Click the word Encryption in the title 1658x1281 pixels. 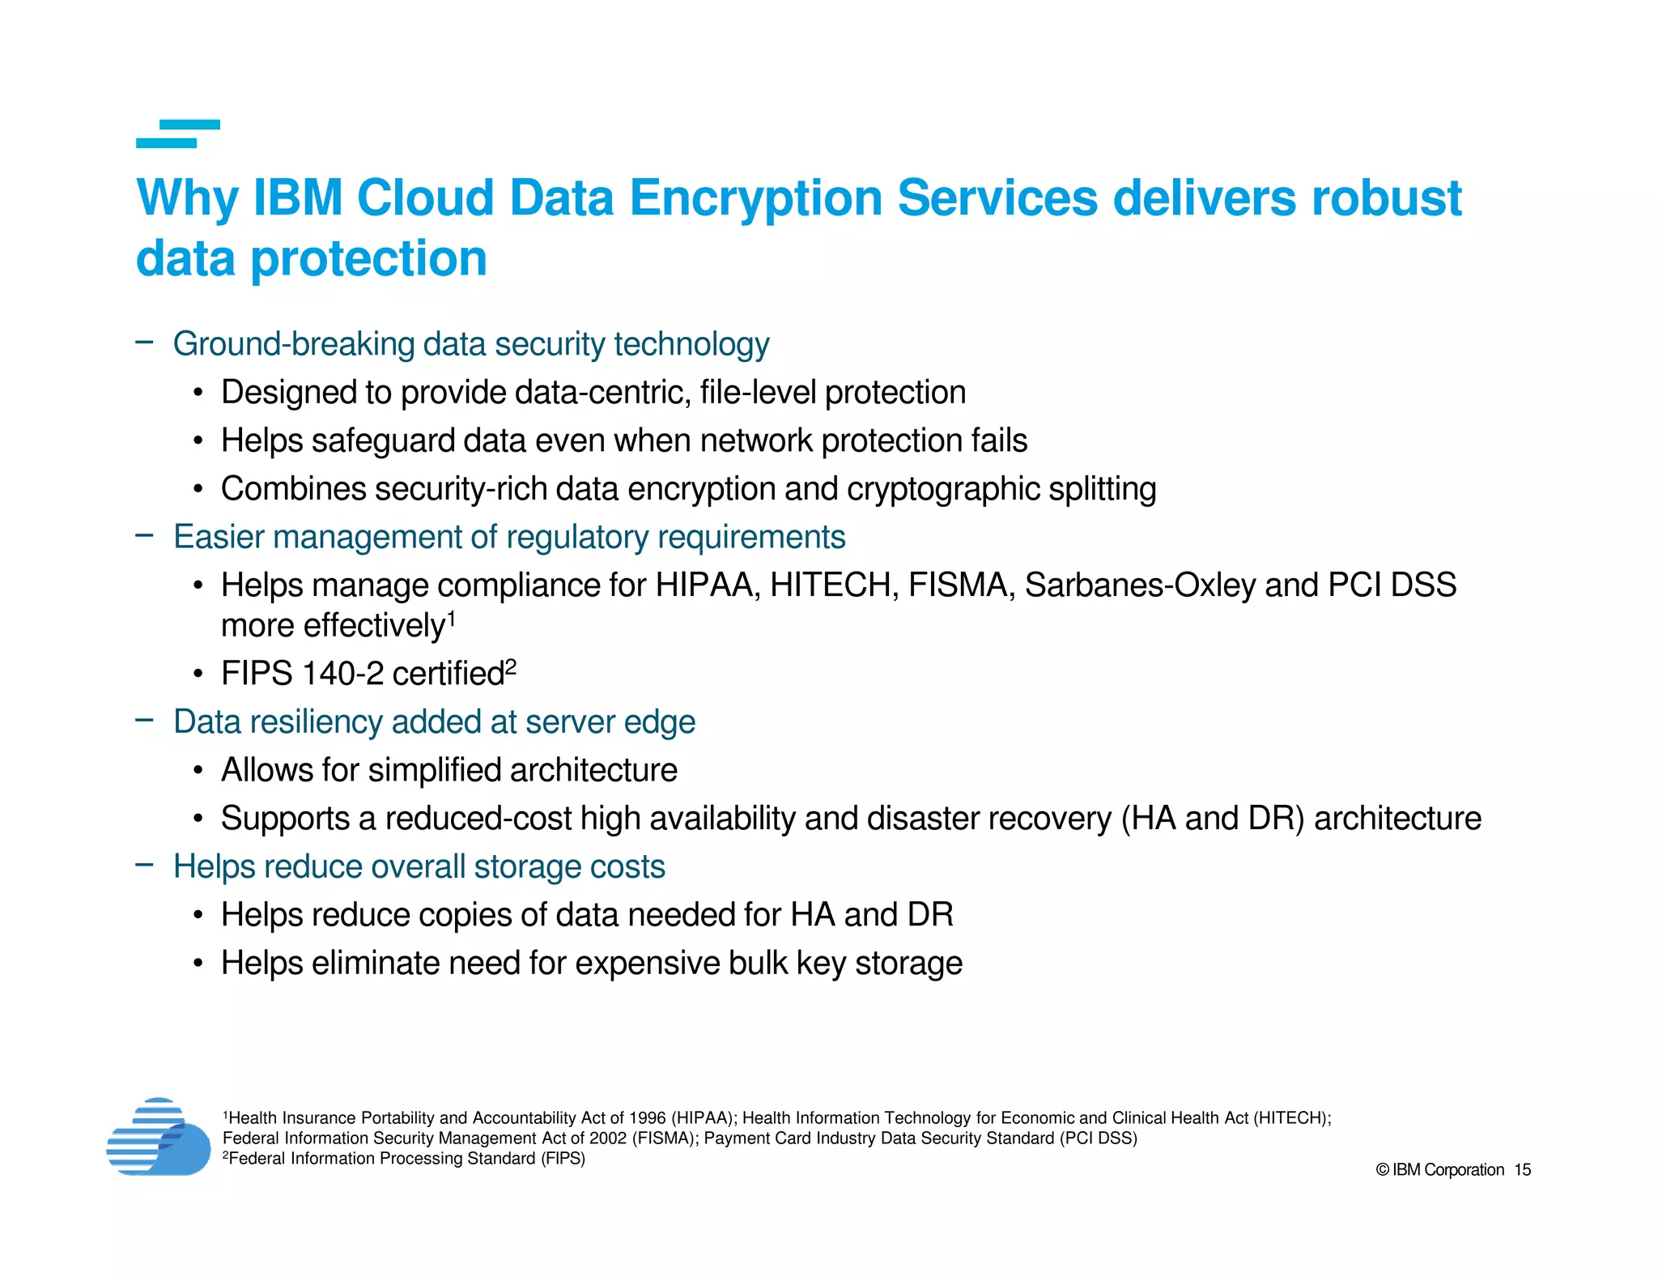coord(755,198)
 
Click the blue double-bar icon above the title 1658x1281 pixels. coord(178,134)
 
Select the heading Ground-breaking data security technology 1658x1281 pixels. coord(470,344)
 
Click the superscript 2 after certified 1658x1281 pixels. coord(511,666)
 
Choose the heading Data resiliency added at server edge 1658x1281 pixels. coord(434,722)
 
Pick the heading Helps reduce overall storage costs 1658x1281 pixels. coord(419,867)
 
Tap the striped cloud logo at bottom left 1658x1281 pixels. coord(159,1137)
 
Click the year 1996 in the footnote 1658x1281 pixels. coord(647,1118)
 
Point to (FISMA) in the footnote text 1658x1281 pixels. coord(665,1138)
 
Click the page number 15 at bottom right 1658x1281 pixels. coord(1522,1170)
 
